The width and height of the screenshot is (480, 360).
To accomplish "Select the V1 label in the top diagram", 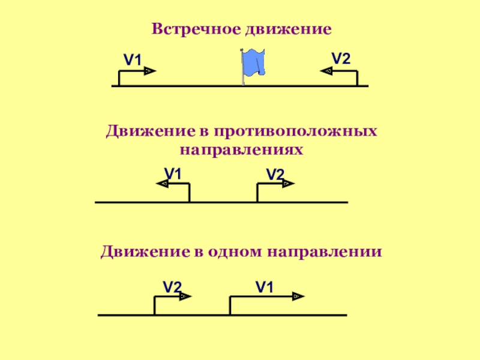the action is (132, 59).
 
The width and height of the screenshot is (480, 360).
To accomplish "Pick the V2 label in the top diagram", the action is (341, 58).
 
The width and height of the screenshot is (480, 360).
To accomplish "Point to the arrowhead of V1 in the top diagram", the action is (150, 71).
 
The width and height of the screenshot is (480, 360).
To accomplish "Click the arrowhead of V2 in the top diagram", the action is (326, 71).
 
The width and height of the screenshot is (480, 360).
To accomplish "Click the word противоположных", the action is (295, 131).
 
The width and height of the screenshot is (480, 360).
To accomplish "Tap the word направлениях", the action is (241, 150).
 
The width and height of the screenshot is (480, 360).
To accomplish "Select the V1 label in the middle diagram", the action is (173, 174).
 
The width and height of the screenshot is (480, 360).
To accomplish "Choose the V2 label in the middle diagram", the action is (275, 175).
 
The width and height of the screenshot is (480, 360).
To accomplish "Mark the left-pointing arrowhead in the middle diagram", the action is (162, 184).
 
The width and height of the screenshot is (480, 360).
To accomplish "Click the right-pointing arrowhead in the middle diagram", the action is (288, 184).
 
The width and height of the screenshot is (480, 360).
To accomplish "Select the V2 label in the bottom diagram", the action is (172, 287).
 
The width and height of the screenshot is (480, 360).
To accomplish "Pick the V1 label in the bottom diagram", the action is (264, 287).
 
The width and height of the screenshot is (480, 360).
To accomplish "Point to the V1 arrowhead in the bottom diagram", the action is (298, 296).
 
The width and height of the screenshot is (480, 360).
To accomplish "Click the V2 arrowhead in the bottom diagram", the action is (185, 296).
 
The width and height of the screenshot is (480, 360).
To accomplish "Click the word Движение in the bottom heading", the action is (145, 251).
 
